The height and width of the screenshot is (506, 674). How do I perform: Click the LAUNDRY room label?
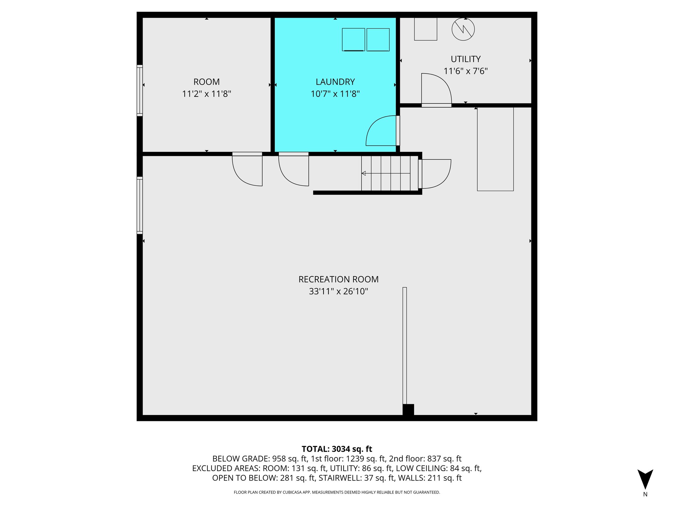tap(335, 82)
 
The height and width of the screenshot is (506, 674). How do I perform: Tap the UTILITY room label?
tap(465, 59)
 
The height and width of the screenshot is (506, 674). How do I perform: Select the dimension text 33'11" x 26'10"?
tap(338, 291)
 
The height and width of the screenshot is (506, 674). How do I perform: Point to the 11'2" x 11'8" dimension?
tap(207, 94)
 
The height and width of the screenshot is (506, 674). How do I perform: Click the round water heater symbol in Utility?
tap(463, 29)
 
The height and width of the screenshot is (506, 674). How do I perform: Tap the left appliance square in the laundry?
tap(353, 40)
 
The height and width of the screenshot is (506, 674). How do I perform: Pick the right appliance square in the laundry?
tap(378, 40)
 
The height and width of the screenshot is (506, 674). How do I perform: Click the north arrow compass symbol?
tap(645, 479)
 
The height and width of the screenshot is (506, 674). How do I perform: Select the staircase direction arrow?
tap(364, 173)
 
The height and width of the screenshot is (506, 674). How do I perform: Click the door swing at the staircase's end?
tap(435, 174)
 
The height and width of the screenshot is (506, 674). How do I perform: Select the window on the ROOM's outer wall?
tap(140, 90)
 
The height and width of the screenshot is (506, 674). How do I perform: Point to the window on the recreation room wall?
tap(140, 205)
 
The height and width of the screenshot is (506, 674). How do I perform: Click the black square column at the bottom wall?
tap(408, 409)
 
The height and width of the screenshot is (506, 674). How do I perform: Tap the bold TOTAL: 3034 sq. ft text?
tap(337, 449)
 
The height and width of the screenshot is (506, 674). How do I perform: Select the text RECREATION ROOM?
tap(338, 279)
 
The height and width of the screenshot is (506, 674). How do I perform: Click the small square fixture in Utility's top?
tap(426, 29)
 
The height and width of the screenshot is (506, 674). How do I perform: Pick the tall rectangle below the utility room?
tap(495, 149)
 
